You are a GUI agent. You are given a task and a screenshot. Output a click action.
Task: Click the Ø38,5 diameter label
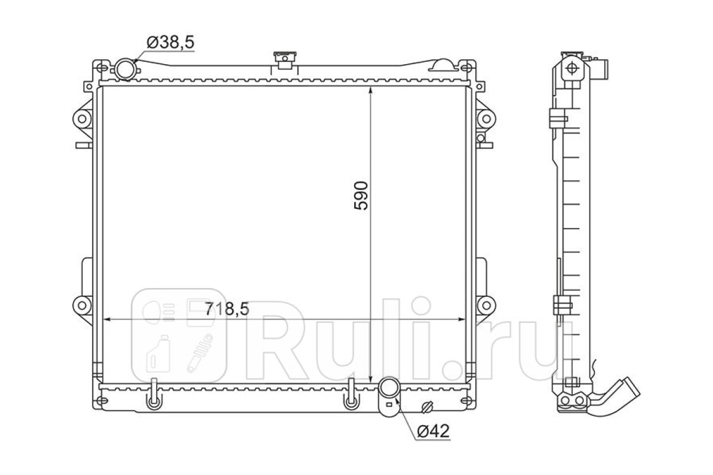(x=171, y=42)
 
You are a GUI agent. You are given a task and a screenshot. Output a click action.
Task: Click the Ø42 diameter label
(x=433, y=431)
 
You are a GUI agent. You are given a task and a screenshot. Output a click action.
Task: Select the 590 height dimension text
(x=361, y=195)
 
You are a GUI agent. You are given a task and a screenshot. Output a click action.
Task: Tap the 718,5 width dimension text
(x=226, y=309)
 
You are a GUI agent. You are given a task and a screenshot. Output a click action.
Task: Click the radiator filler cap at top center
(x=285, y=60)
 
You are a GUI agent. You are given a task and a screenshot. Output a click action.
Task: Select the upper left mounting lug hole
(x=82, y=119)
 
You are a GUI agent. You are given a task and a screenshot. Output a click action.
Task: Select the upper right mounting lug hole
(x=486, y=119)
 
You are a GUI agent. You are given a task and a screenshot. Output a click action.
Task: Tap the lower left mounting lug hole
(x=82, y=306)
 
